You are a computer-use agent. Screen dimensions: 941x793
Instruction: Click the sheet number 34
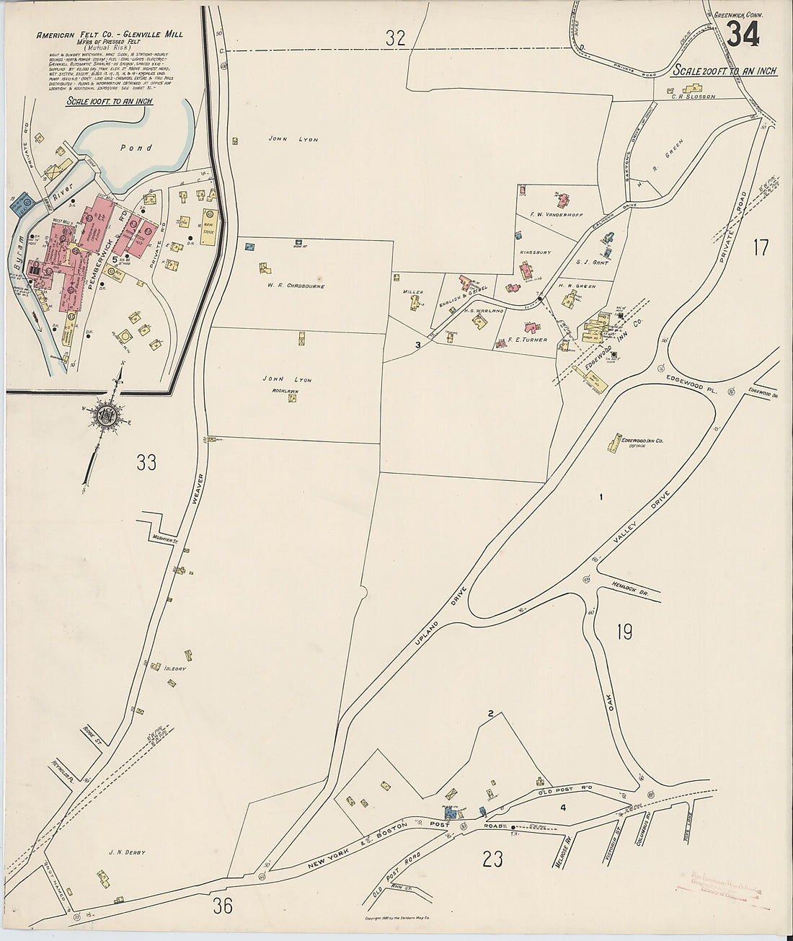[743, 34]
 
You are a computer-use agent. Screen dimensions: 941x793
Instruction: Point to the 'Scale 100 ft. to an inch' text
[109, 101]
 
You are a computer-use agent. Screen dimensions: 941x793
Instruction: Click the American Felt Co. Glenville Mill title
[109, 35]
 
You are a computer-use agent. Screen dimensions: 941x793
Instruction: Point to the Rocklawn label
[285, 390]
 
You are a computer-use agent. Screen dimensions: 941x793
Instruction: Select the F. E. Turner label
[527, 339]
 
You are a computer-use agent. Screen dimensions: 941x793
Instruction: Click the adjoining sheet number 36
[223, 906]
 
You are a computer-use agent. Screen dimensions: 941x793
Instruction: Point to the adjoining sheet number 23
[492, 859]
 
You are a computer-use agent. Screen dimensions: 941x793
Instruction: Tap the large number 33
[146, 462]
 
